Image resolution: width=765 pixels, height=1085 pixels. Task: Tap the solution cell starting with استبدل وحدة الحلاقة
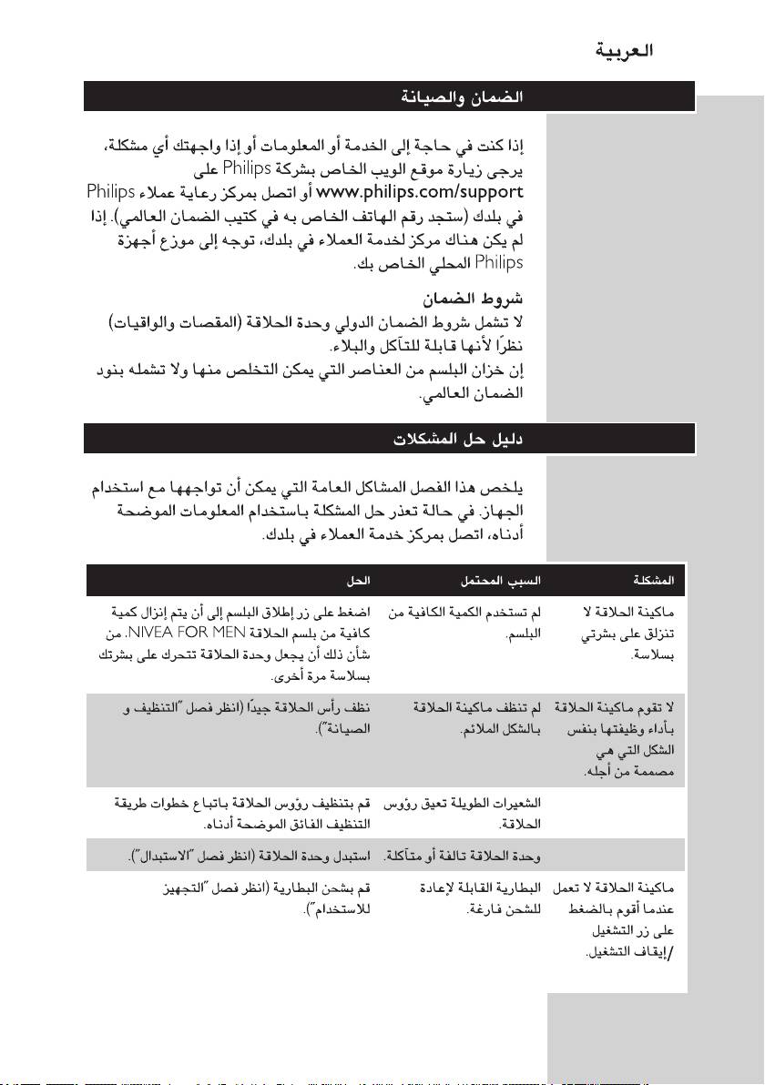click(250, 857)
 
